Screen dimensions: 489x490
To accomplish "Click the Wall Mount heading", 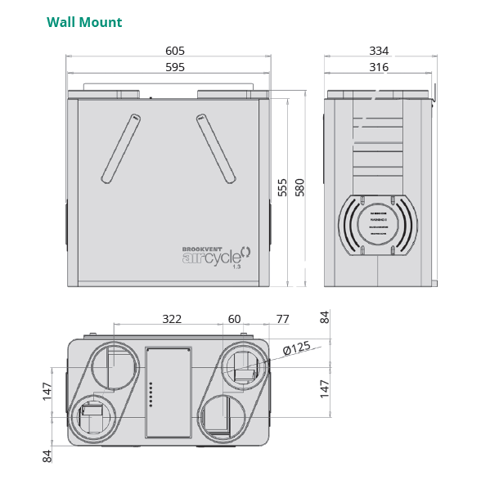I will coord(84,22).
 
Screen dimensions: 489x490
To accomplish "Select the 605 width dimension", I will coord(175,51).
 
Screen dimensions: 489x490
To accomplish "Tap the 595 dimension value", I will coord(175,67).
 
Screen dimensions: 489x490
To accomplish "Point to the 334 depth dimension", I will coord(379,51).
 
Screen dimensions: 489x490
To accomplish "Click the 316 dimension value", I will coord(379,67).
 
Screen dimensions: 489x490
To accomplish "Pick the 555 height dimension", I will coord(282,187).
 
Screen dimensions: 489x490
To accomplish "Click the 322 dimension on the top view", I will coord(172,319).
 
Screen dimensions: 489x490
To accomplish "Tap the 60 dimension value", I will coord(235,319).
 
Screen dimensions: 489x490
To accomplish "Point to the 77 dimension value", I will coord(282,319).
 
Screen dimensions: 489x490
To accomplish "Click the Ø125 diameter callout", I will coord(296,348).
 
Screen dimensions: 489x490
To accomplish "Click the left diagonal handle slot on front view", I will coord(121,148).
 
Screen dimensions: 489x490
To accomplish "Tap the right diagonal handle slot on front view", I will coord(216,148).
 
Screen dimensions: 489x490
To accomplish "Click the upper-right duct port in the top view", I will coord(243,367).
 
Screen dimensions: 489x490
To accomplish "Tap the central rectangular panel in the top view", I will coord(169,393).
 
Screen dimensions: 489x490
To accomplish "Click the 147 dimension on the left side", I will coord(47,391).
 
